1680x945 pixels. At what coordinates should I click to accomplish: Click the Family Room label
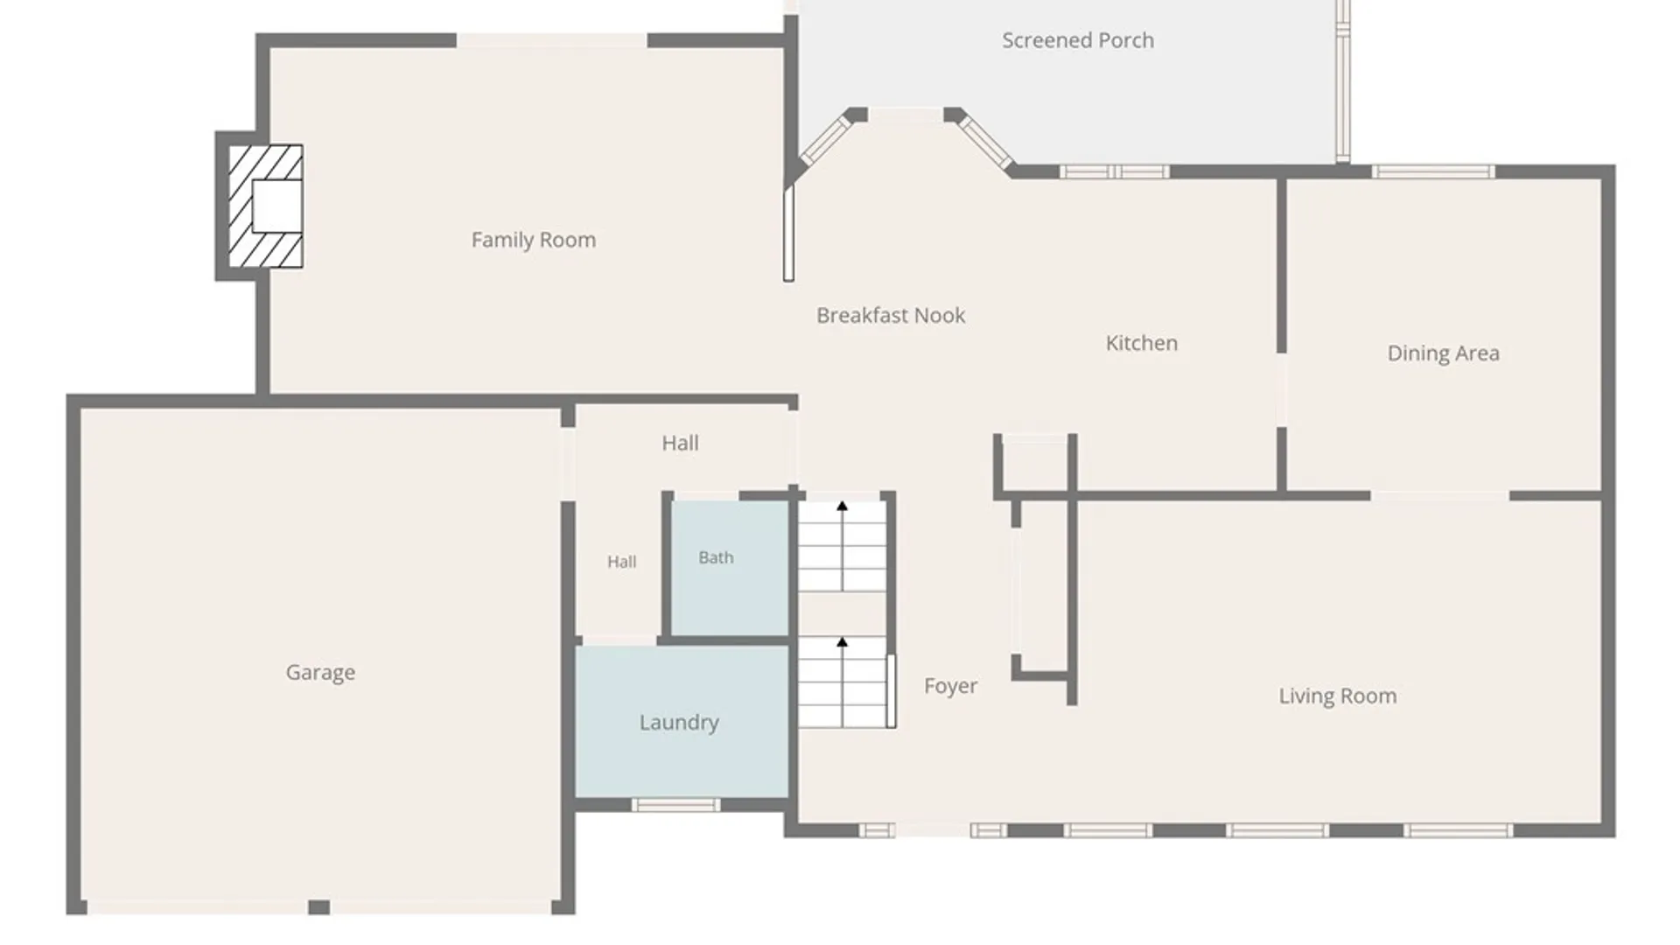[534, 240]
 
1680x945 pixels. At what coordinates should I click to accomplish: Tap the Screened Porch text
[1078, 40]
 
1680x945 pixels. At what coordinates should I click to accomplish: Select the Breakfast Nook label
[891, 315]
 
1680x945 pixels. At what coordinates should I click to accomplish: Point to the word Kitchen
[1142, 343]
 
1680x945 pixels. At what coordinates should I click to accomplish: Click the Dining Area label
[1444, 353]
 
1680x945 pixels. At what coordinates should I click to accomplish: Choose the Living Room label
[1338, 696]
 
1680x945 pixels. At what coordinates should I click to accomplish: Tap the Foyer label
[951, 686]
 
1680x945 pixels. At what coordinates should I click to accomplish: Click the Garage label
[320, 673]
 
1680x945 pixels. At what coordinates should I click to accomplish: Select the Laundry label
[679, 723]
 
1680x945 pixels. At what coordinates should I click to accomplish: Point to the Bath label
[716, 557]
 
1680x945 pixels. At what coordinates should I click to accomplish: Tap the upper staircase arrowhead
[842, 506]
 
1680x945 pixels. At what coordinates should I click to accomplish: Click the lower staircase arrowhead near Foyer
[842, 642]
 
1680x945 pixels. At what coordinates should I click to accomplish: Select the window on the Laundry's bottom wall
[675, 805]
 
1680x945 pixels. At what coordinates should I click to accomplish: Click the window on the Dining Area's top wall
[1433, 171]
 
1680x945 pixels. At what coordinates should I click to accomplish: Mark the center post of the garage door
[319, 907]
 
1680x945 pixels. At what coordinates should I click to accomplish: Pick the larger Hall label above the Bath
[680, 444]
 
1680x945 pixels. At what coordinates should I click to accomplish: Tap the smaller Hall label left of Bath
[622, 562]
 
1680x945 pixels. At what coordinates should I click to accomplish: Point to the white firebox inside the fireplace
[277, 206]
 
